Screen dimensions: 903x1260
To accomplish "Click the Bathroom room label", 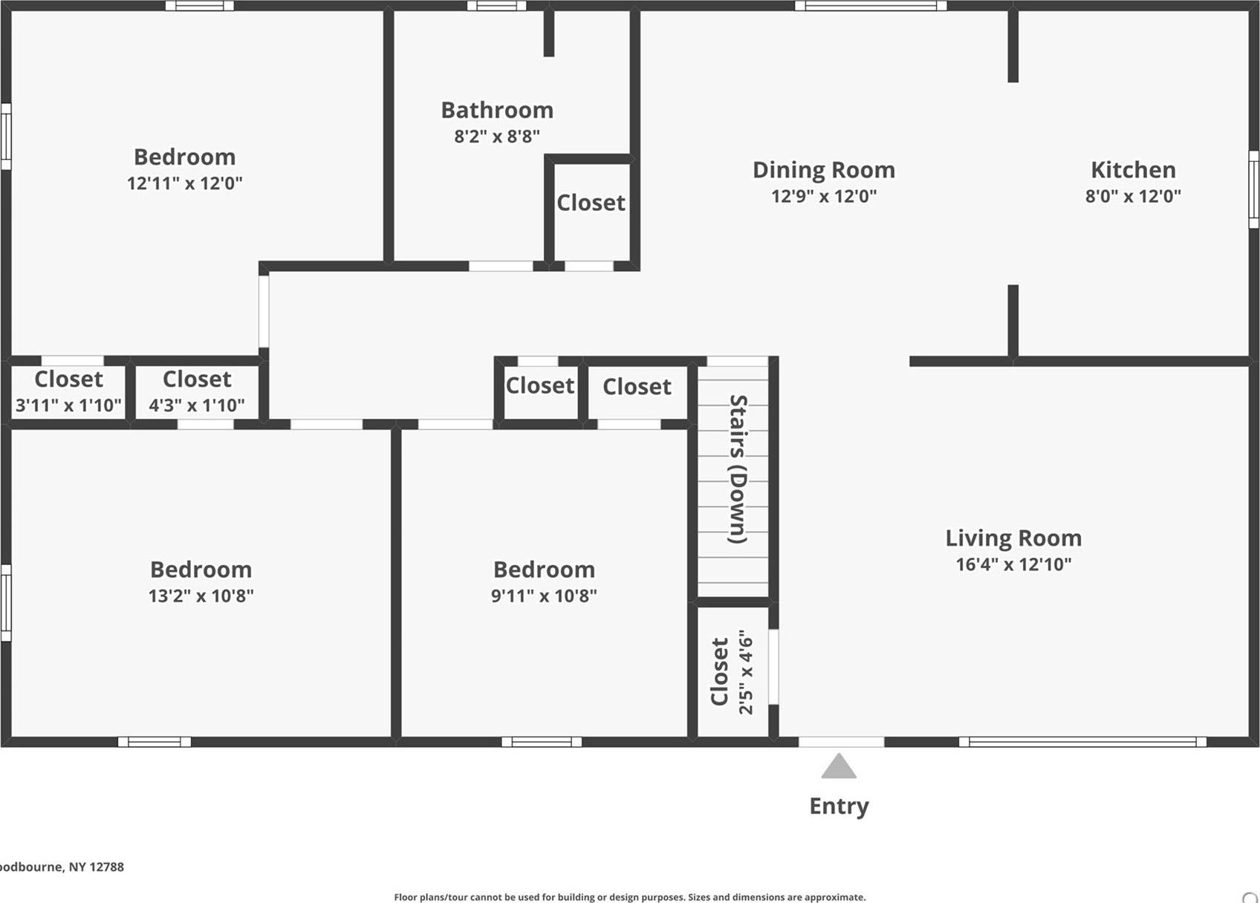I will tap(497, 110).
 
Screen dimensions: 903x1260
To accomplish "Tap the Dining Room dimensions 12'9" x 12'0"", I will tap(823, 196).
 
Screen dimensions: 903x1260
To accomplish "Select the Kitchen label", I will tap(1133, 169).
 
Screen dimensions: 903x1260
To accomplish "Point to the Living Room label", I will tap(1013, 538).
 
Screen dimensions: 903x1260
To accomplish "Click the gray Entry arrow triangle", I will tap(839, 767).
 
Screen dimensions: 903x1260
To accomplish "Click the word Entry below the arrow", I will tap(839, 806).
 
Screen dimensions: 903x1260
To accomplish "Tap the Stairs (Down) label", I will tap(738, 469).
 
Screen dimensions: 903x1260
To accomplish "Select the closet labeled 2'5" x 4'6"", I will tap(732, 672).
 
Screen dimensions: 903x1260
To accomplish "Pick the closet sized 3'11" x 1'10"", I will tap(68, 391).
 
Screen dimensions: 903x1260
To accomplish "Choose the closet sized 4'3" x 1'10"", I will tap(197, 391).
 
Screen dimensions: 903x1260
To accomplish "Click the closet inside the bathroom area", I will tap(591, 203).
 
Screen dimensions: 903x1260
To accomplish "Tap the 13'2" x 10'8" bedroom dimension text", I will tap(201, 596).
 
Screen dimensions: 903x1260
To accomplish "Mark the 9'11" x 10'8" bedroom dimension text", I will tap(544, 596).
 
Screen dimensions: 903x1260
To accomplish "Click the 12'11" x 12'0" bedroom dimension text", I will tap(184, 183).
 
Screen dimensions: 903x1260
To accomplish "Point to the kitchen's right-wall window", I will tap(1253, 189).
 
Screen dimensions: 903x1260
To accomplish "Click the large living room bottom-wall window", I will tap(1082, 741).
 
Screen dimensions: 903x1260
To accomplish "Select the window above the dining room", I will tap(870, 6).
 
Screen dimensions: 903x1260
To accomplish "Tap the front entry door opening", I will tap(841, 741).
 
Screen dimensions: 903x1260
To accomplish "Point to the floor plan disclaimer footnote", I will tap(629, 897).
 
